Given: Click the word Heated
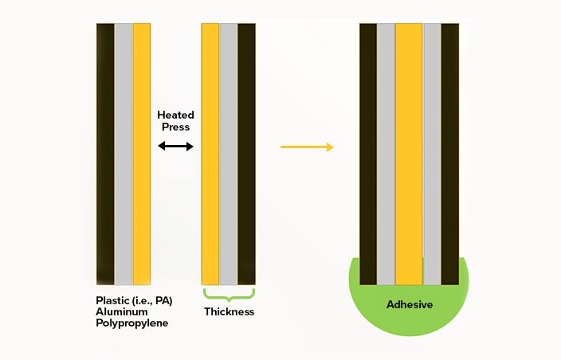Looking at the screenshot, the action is [x=175, y=115].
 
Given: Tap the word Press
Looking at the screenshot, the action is [x=175, y=127].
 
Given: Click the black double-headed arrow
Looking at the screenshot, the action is [x=175, y=146].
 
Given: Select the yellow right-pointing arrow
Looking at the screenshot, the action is [x=307, y=147].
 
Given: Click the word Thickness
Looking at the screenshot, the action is [x=229, y=311].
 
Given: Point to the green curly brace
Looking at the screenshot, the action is [x=229, y=295].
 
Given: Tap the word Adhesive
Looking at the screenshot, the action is [x=410, y=304].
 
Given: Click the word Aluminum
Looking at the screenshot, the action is [x=122, y=311].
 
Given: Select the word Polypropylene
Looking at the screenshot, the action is [x=132, y=323].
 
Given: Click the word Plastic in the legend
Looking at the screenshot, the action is [x=111, y=300].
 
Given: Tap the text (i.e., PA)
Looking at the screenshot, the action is [x=151, y=301].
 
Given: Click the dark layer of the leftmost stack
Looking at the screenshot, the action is [x=105, y=154].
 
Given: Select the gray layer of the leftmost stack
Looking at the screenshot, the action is [x=124, y=154].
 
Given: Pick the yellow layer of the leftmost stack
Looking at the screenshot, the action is [x=142, y=154].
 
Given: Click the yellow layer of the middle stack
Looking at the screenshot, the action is [x=210, y=154].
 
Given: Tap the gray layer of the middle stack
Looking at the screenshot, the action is [x=229, y=154].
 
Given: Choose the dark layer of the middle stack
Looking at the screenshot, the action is [x=247, y=154].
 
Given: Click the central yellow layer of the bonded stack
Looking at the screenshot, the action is [x=409, y=154].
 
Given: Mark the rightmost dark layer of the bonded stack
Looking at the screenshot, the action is [x=450, y=154].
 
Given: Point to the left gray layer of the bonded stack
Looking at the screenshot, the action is [x=386, y=154].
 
